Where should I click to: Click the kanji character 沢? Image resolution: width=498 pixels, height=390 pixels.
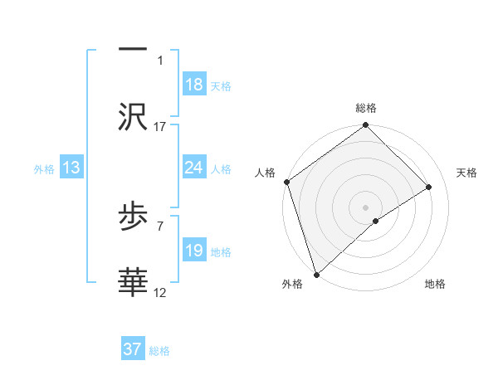[x=133, y=116]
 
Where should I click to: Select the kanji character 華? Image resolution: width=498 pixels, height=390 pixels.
[x=133, y=281]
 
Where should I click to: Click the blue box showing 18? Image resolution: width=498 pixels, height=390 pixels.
[x=194, y=85]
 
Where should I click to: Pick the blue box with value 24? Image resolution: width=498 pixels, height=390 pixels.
[x=194, y=168]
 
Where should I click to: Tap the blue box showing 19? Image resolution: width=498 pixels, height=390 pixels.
[x=194, y=251]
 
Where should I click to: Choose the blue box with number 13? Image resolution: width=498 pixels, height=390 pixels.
[x=71, y=168]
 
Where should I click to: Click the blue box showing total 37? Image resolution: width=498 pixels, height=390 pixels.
[x=133, y=349]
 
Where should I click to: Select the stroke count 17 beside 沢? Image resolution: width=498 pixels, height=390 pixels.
[x=160, y=126]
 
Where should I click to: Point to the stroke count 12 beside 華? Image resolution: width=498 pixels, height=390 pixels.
[x=160, y=292]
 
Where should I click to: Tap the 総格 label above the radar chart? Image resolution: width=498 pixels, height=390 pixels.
[x=366, y=108]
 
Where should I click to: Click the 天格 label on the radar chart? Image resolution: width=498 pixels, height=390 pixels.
[x=467, y=173]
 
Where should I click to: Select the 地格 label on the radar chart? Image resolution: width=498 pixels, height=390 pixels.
[x=435, y=285]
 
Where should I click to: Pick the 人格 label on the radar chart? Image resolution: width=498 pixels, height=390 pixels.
[x=265, y=173]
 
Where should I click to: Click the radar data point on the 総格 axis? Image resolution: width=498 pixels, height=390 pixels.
[x=365, y=126]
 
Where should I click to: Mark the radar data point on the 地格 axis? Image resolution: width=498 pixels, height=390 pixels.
[x=376, y=221]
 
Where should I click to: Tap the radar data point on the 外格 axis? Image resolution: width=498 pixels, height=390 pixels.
[x=316, y=273]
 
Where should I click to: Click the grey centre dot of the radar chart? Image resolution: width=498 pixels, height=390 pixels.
[x=365, y=207]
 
